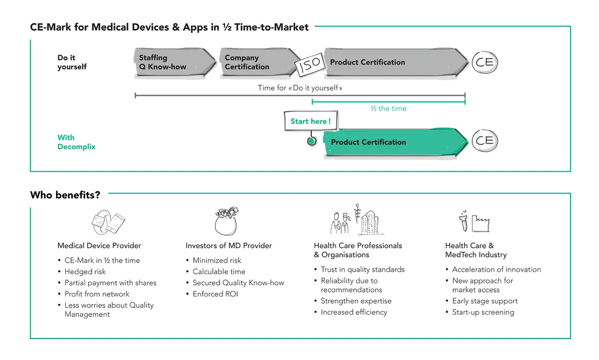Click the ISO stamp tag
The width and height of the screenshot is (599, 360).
point(309,64)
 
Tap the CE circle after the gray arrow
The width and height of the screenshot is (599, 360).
point(485,62)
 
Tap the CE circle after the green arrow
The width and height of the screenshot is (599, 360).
point(485,141)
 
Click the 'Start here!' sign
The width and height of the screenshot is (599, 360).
point(310,121)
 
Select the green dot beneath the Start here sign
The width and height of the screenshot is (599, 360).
point(311,141)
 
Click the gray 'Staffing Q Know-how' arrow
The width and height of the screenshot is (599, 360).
point(175,62)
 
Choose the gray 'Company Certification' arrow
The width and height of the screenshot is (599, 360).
point(260,62)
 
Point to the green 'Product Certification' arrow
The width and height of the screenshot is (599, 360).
point(395,142)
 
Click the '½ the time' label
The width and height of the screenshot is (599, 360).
point(388,108)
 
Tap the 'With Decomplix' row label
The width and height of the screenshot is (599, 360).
point(76,142)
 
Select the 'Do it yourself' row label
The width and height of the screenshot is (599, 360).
point(72,62)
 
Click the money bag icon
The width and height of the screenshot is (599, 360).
point(226,221)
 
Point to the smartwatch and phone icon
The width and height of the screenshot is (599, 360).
point(108,222)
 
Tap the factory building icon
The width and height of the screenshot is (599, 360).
point(481,224)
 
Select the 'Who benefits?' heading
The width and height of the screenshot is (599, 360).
point(65,195)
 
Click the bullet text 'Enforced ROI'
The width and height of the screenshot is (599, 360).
point(215,294)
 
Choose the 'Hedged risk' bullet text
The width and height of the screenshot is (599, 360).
point(85,272)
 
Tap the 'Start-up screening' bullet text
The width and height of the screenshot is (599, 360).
point(483,312)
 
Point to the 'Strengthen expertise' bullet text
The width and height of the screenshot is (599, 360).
point(356,301)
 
